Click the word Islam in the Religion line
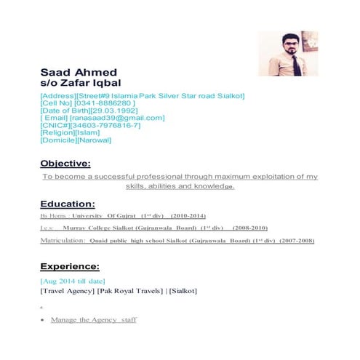pos(95,132)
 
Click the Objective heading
pos(65,164)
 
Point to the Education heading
pos(68,204)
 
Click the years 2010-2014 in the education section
pos(188,217)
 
